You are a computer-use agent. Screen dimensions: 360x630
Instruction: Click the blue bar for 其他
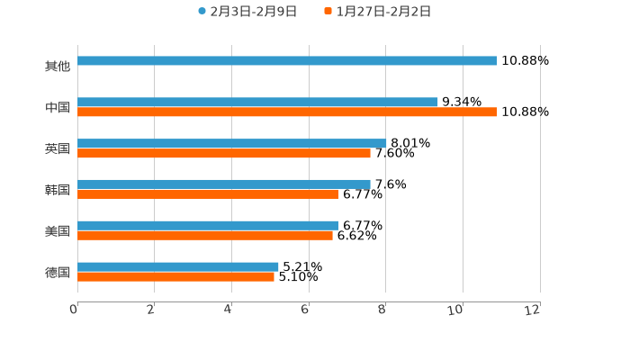point(287,61)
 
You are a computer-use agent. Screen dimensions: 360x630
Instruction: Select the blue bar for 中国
point(257,103)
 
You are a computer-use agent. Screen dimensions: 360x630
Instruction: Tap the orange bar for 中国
point(287,112)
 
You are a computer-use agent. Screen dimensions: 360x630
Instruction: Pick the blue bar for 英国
point(231,143)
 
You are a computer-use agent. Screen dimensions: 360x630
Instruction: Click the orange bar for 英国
point(224,154)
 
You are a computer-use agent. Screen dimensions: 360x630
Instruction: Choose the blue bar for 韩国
point(224,184)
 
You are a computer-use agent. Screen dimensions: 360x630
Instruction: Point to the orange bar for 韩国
point(208,194)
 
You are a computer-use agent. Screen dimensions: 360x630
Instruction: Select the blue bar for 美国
point(208,226)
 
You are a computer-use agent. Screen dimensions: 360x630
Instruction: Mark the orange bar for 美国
point(205,236)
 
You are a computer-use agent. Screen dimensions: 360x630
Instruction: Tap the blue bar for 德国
point(178,266)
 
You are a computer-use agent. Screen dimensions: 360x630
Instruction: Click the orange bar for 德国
point(175,277)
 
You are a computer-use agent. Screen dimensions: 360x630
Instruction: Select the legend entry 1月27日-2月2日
point(383,12)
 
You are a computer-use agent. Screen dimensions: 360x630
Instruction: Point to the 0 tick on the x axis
point(74,310)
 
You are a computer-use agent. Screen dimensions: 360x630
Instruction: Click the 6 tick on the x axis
point(306,310)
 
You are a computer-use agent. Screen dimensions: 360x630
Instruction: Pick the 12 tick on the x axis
point(535,310)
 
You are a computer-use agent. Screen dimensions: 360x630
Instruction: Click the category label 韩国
point(58,190)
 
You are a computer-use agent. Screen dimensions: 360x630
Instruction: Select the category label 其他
point(58,66)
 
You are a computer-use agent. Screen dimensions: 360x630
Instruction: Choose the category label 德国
point(58,272)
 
